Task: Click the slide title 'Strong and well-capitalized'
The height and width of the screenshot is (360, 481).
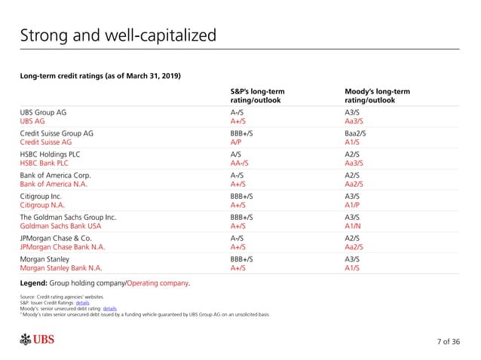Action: pyautogui.click(x=118, y=35)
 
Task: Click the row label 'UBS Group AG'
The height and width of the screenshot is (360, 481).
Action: pyautogui.click(x=43, y=112)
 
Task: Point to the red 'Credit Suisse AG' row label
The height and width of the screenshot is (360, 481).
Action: pyautogui.click(x=45, y=141)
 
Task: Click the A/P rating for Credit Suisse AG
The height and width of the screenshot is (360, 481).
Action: pyautogui.click(x=237, y=141)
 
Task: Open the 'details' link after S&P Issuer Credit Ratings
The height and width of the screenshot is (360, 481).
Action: pyautogui.click(x=93, y=303)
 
